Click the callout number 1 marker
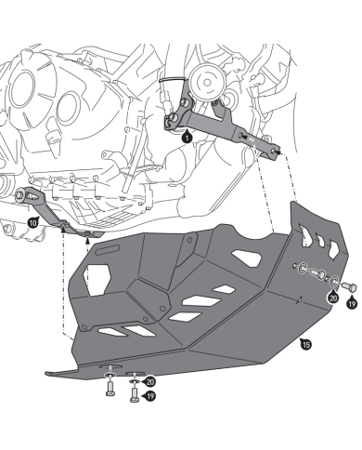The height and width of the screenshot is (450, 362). (x=188, y=137)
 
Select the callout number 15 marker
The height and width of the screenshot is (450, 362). (x=306, y=345)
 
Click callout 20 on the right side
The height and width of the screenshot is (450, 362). (x=332, y=298)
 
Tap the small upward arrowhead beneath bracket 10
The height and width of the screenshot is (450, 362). (x=88, y=239)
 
